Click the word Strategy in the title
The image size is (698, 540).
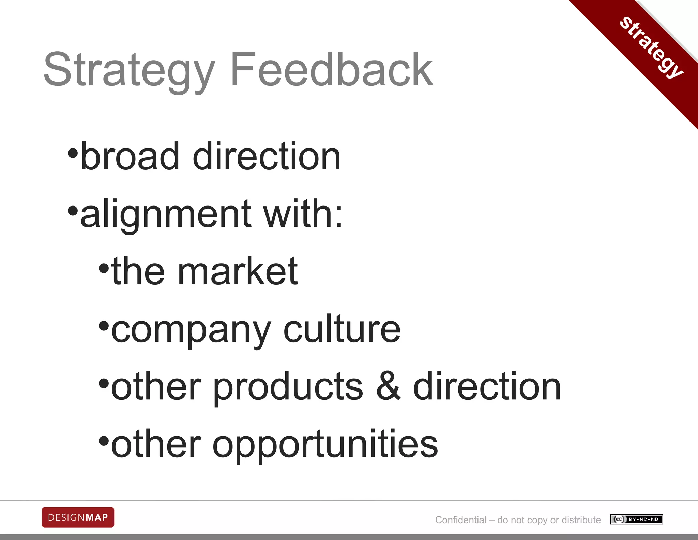130,70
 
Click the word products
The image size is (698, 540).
288,387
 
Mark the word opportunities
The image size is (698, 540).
325,445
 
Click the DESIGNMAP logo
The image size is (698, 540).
78,517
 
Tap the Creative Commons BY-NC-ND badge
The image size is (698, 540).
636,520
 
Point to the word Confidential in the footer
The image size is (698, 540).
460,520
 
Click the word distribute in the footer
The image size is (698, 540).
581,520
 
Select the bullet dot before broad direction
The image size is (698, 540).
73,153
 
